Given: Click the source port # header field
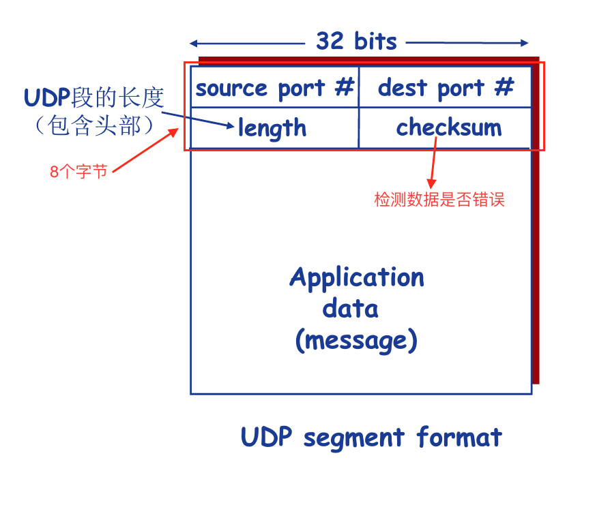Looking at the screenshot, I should (x=274, y=88).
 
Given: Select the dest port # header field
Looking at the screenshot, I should (x=445, y=88).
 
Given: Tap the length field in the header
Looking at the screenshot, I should (x=272, y=128).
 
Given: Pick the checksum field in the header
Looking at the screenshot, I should (x=448, y=127).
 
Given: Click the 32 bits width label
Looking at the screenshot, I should (x=356, y=42).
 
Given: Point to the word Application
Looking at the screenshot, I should (x=356, y=277).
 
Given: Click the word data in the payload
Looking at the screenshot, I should (x=350, y=308).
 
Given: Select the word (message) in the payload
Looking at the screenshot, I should (x=355, y=339).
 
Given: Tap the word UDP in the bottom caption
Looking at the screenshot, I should (x=267, y=437).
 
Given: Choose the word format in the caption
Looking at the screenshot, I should (x=459, y=436).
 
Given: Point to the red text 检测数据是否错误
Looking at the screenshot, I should (x=439, y=200).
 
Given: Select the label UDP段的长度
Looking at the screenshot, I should (x=94, y=97).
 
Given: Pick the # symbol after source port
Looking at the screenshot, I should (x=346, y=87).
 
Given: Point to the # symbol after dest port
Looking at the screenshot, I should (x=504, y=87).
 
